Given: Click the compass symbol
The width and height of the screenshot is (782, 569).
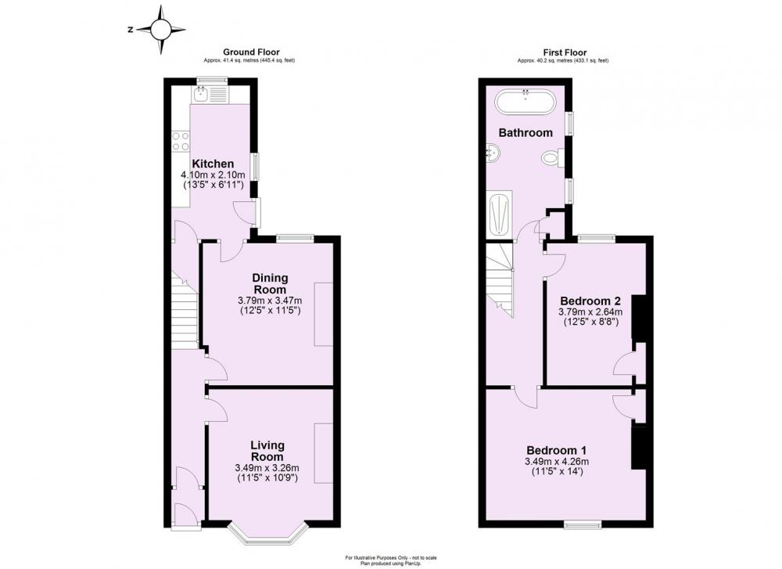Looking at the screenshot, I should tap(160, 31).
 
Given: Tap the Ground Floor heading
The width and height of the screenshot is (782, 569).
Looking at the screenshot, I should tap(252, 52).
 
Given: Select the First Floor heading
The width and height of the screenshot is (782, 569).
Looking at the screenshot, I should tap(561, 52).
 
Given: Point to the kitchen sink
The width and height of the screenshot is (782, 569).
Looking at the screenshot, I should tap(203, 95).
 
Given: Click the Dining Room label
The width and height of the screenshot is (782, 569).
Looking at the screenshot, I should tap(270, 283).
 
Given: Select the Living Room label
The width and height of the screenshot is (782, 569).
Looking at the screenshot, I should tap(267, 451).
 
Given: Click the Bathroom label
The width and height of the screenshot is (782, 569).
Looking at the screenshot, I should tap(526, 133).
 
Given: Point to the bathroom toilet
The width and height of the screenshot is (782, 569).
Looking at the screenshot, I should tap(551, 160).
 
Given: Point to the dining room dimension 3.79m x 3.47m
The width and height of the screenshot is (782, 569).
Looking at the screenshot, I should tap(270, 301).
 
